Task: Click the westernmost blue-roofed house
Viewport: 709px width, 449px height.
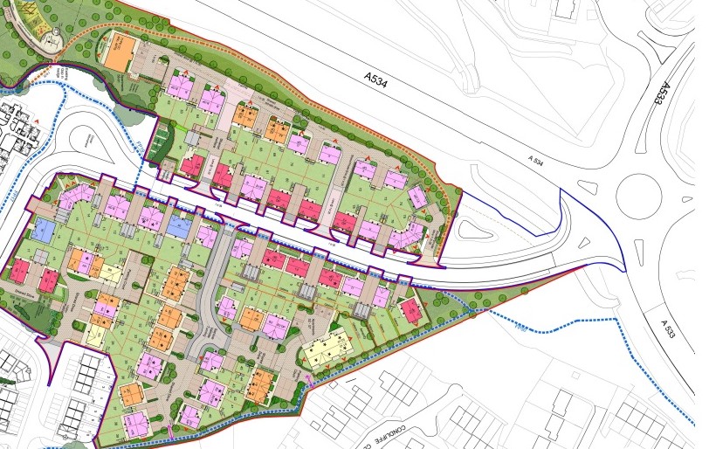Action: pos(43,231)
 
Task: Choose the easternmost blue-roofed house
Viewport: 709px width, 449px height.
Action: pos(178,225)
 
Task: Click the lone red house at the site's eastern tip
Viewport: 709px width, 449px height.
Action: pos(408,309)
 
